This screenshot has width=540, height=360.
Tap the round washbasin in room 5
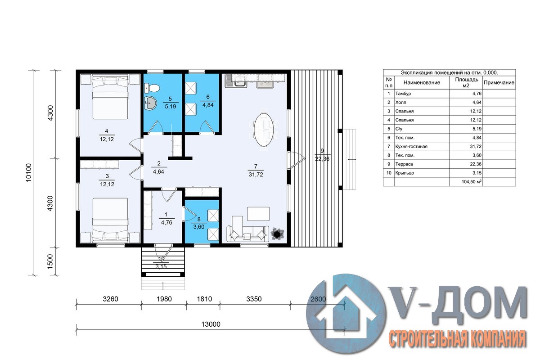coord(151,103)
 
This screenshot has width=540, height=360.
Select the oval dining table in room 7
coord(264,130)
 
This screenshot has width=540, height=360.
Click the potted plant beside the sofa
coord(277,233)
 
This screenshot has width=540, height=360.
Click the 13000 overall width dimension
coord(211,324)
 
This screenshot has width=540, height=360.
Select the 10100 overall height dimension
coord(29,173)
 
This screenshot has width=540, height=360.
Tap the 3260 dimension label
coord(110,299)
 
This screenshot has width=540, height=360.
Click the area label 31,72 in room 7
coord(256,175)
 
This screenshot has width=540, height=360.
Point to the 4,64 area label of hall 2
coord(158,172)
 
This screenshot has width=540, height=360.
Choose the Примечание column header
coord(499,82)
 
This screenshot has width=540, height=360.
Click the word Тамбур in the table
coord(403,94)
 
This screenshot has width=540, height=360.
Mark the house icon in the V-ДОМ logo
coord(346,314)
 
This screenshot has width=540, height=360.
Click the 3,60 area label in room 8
coord(199,227)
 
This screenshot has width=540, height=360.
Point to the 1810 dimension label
coord(204,299)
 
